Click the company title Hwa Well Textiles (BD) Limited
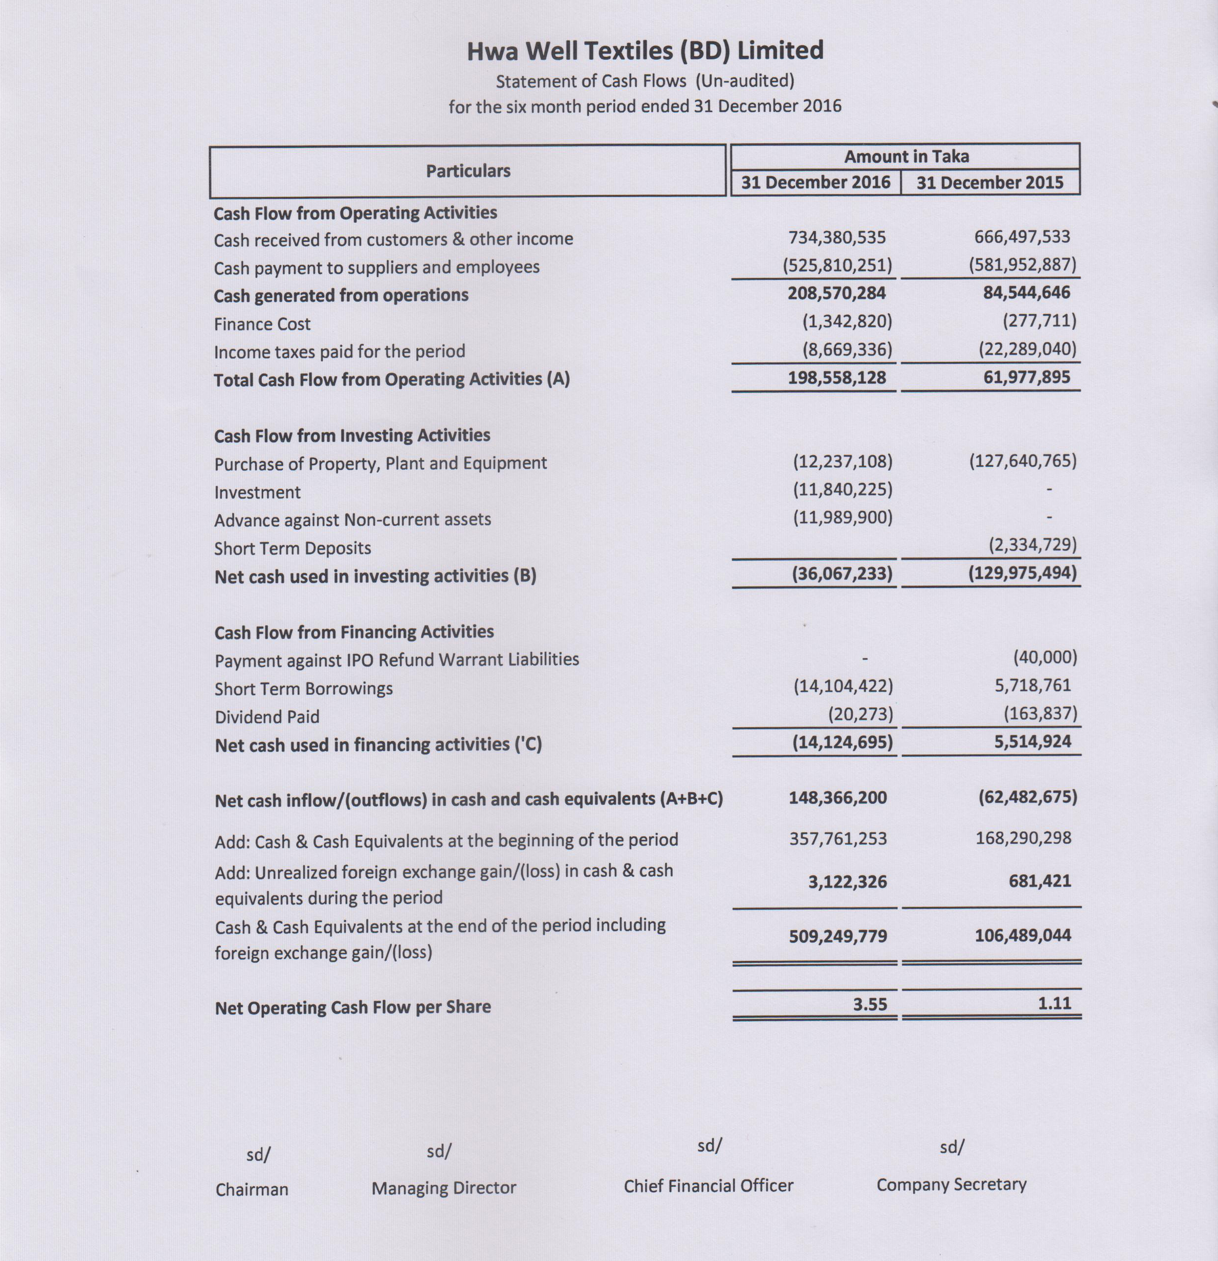(645, 51)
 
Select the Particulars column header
(468, 171)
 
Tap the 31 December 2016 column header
(815, 183)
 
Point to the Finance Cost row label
(262, 324)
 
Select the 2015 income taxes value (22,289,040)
(1027, 349)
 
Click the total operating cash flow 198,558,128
(837, 378)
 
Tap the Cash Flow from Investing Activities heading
(352, 435)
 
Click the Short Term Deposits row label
(293, 548)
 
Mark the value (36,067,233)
(842, 573)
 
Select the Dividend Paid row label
(267, 717)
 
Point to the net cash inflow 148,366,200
(838, 798)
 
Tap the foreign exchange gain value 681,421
(1040, 881)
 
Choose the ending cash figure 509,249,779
(838, 936)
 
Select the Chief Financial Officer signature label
(709, 1186)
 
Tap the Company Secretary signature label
(951, 1184)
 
